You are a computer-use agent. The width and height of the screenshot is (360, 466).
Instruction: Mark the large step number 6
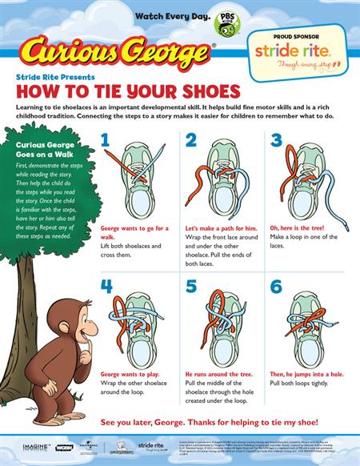[x=277, y=286]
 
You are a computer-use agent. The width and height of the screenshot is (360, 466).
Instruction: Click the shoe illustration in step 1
[x=141, y=180]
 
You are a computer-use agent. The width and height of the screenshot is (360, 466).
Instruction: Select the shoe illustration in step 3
[x=308, y=180]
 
